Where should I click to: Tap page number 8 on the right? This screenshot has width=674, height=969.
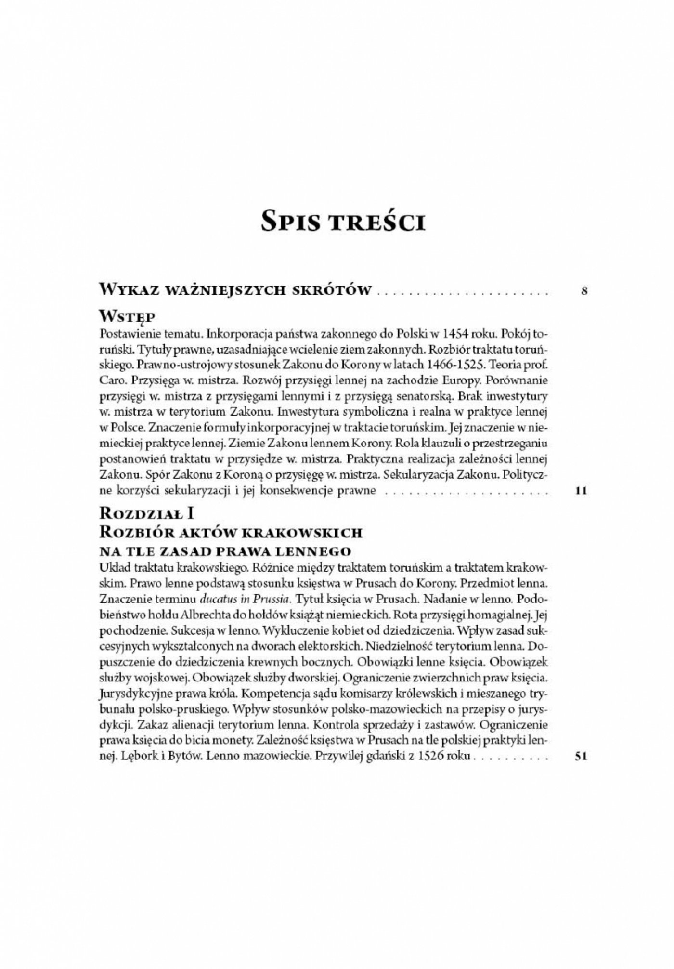[x=584, y=290]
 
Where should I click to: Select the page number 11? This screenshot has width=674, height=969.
[x=582, y=491]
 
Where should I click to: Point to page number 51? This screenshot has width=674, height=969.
[x=580, y=757]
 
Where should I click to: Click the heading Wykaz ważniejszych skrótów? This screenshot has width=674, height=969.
[x=235, y=290]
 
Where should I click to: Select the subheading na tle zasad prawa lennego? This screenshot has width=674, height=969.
[x=226, y=550]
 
